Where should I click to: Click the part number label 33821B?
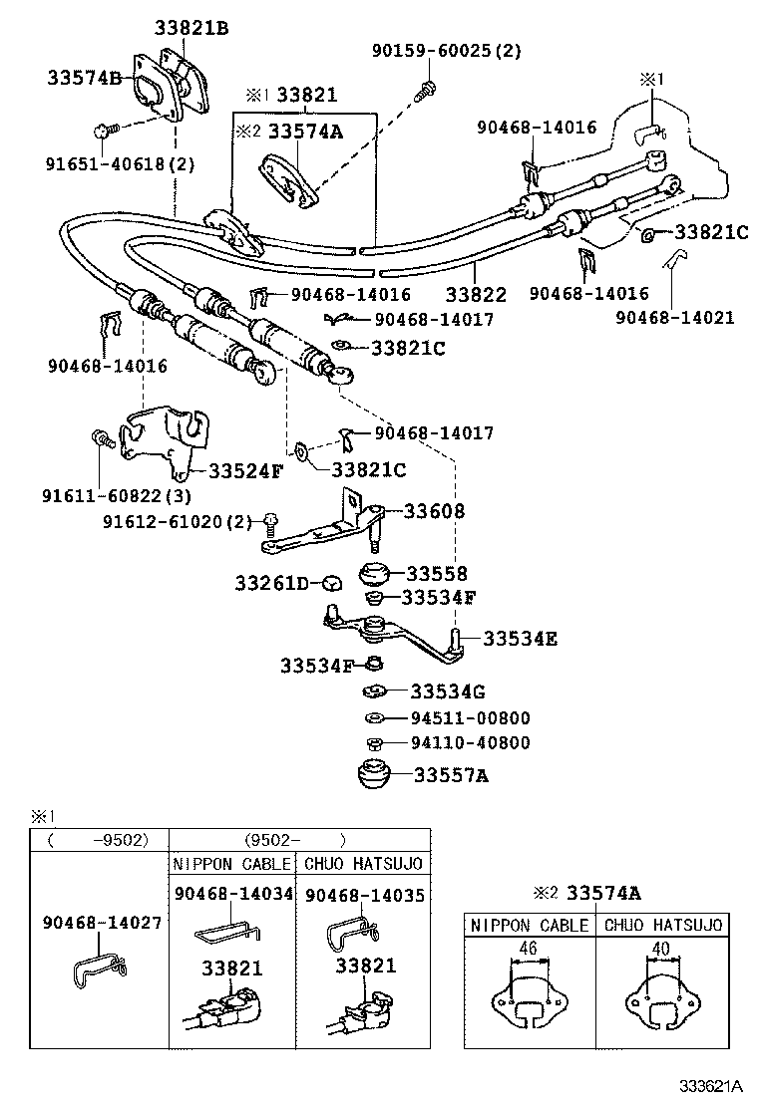click(x=191, y=29)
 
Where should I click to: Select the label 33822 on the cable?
click(x=476, y=295)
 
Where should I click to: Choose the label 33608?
click(x=434, y=511)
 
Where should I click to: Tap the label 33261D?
click(x=272, y=582)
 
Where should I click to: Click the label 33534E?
click(x=521, y=639)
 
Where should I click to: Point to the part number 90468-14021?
click(x=674, y=318)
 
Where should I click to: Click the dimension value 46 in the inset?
click(x=529, y=948)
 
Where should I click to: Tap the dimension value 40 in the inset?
click(x=658, y=948)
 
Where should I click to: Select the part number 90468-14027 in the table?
click(x=102, y=923)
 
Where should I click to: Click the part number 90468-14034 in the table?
click(x=233, y=894)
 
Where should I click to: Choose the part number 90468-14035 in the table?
click(x=364, y=896)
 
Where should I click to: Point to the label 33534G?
click(x=448, y=691)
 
